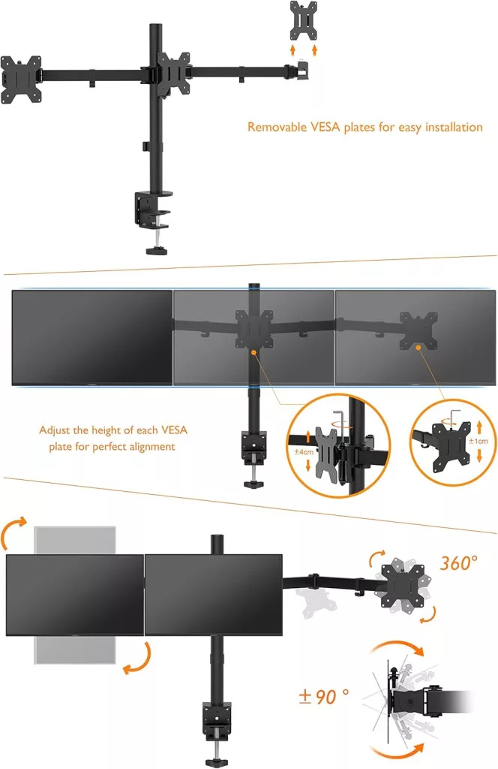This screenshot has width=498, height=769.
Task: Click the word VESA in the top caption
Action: [325, 127]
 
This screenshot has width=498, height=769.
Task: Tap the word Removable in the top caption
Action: [277, 127]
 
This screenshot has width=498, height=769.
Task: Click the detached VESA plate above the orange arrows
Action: [303, 20]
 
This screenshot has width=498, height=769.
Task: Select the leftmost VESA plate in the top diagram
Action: [21, 80]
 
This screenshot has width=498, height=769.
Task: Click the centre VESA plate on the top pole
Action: [173, 73]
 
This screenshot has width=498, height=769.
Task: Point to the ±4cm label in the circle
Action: [304, 451]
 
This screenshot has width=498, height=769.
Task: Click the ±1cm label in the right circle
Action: [478, 441]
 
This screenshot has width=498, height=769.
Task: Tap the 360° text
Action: [458, 563]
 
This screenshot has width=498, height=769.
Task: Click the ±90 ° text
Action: [324, 696]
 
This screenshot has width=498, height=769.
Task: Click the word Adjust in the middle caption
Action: [54, 430]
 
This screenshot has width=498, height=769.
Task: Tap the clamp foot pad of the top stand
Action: [157, 251]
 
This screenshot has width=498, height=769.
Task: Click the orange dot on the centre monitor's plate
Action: [253, 352]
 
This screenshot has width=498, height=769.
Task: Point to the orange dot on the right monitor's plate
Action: [418, 347]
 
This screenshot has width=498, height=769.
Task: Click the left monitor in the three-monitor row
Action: [92, 338]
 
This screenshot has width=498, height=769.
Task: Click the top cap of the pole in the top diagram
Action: [156, 26]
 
